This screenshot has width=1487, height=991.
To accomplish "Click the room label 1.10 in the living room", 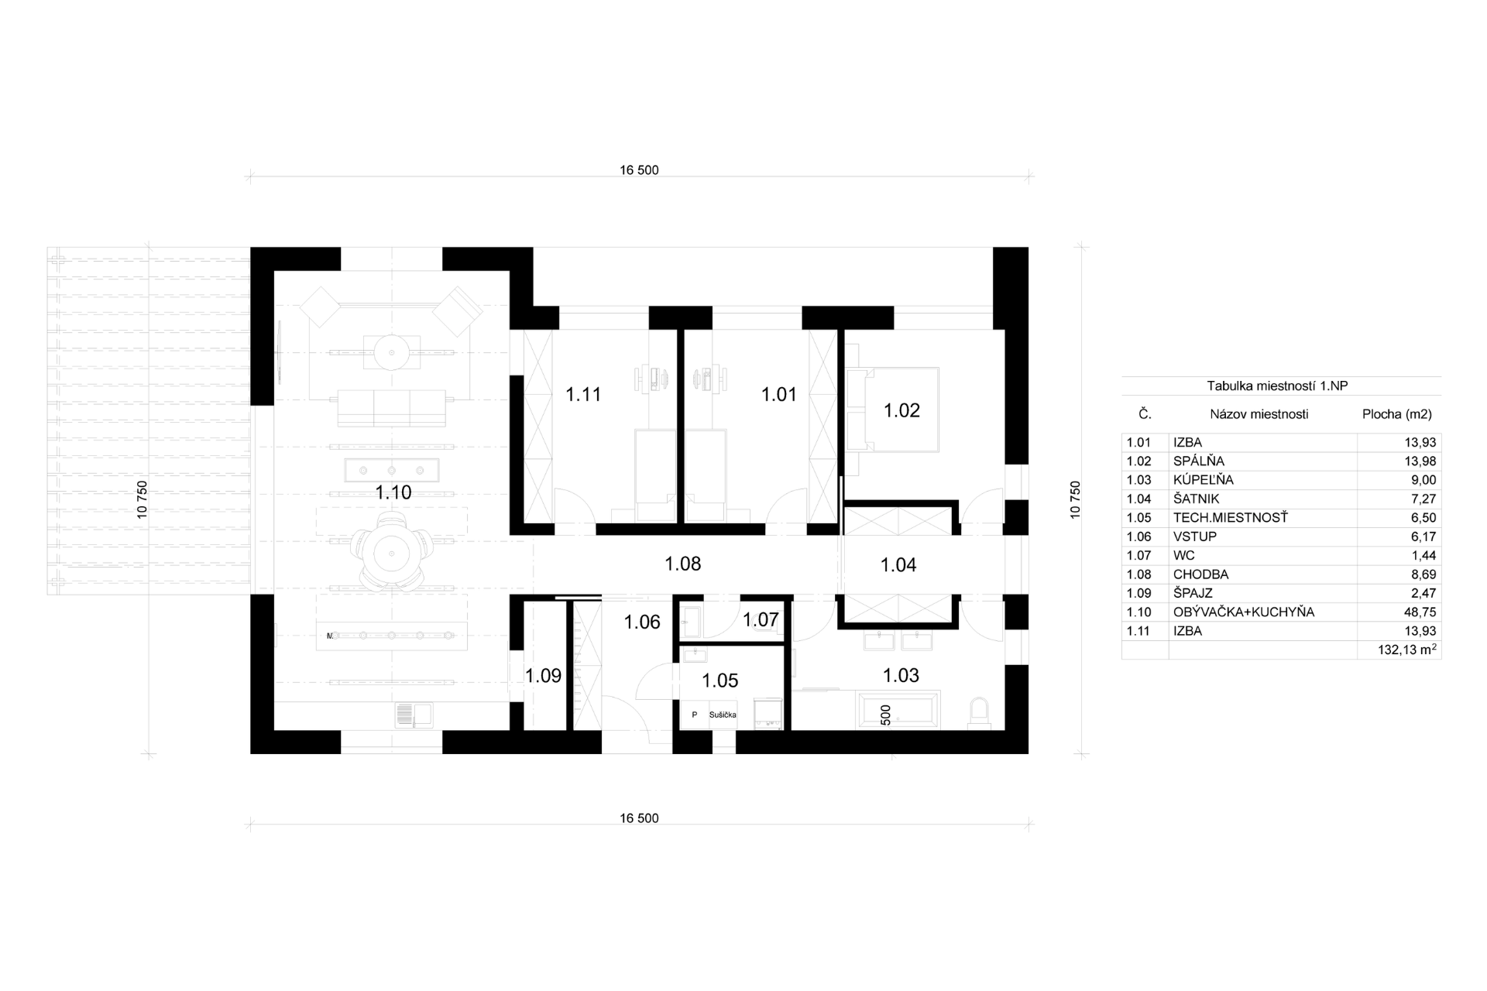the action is tap(393, 492).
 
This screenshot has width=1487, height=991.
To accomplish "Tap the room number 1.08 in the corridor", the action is tap(683, 564).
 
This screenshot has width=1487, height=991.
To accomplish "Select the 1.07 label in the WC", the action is tap(761, 620).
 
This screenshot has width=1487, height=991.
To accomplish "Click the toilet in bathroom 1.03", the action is tap(979, 712).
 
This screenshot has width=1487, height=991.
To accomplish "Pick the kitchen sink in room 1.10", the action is tap(413, 715).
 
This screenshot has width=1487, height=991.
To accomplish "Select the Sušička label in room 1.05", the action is tap(723, 715).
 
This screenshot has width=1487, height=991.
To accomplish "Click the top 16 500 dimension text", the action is tap(639, 170).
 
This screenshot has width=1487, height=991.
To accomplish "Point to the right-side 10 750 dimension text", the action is tap(1075, 500).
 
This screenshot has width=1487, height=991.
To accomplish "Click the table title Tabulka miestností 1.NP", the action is tap(1281, 386).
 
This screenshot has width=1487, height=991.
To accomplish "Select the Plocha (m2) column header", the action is tap(1397, 414).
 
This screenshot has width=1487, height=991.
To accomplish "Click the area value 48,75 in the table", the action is tap(1420, 612).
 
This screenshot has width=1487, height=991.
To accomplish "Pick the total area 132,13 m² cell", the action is tap(1407, 650).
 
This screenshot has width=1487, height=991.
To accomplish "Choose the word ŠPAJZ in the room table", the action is tap(1193, 594).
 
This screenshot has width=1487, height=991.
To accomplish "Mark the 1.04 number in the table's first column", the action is tap(1138, 499).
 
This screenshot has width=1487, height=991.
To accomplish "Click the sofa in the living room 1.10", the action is tap(391, 408).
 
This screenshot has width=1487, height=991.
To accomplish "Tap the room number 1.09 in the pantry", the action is tap(543, 676).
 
